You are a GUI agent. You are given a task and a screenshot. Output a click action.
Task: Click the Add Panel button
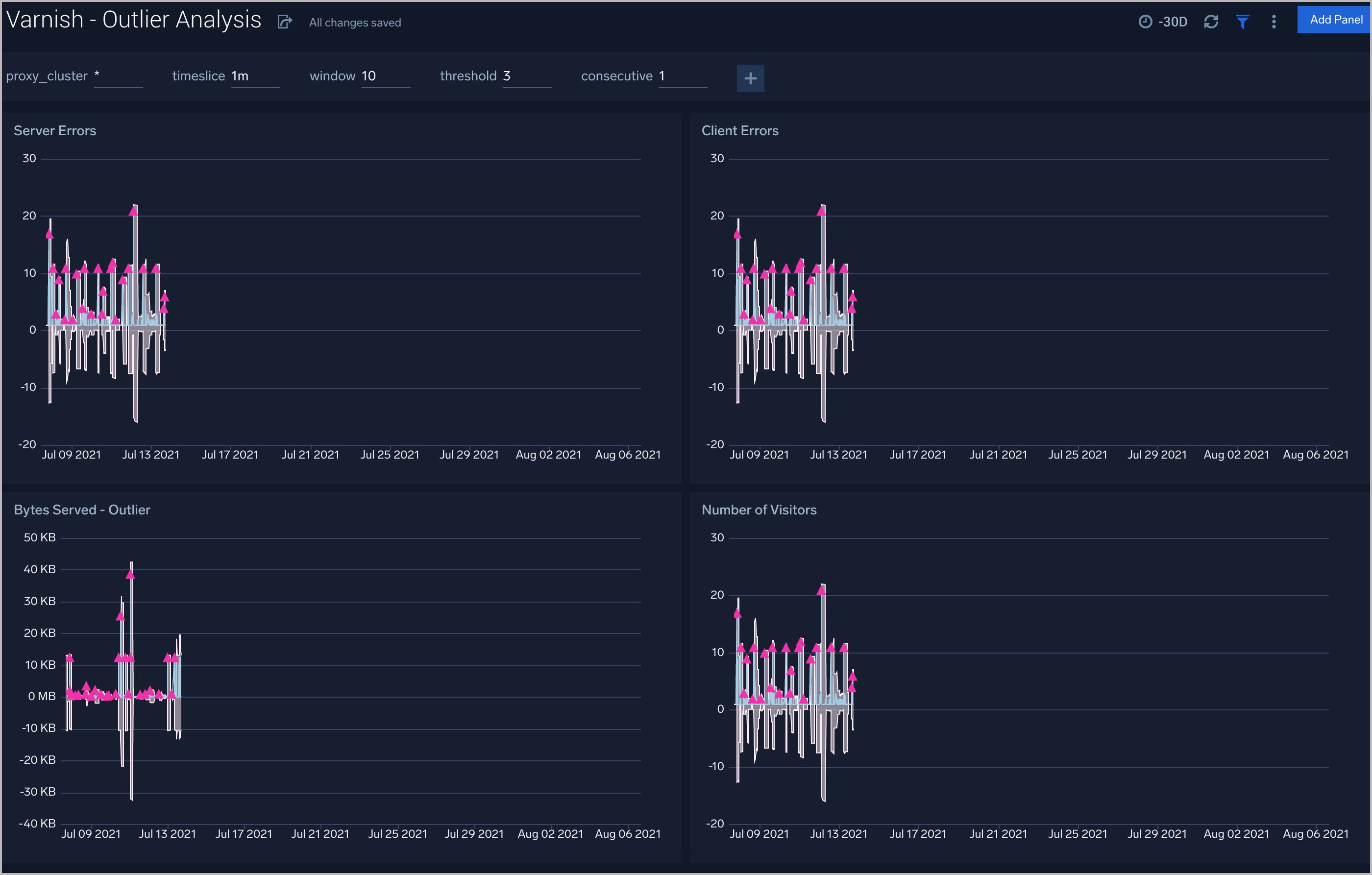(1335, 20)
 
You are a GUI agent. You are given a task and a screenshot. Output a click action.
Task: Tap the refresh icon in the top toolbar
(1211, 22)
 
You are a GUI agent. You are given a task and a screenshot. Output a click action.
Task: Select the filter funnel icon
(1242, 22)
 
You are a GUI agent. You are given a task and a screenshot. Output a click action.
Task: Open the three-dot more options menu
(1274, 22)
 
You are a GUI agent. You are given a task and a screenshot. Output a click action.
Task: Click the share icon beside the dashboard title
(284, 22)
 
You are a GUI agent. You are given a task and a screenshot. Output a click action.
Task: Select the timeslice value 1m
(240, 76)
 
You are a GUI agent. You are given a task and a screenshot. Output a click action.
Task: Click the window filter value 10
(368, 76)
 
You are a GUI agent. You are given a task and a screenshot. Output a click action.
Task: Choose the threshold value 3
(507, 76)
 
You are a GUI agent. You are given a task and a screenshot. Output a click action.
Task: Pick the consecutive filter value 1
(662, 76)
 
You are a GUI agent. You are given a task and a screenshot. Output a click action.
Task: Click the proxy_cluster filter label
(47, 76)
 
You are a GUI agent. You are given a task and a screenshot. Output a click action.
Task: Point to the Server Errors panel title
(55, 130)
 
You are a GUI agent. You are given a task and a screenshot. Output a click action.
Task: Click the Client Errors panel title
(739, 130)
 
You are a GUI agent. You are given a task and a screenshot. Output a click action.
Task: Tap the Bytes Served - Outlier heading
(82, 510)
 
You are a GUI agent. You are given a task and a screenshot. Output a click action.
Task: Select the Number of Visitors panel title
(759, 510)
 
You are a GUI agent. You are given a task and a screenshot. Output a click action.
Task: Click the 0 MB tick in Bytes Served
(42, 696)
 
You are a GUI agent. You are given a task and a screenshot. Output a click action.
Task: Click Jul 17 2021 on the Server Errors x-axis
(230, 455)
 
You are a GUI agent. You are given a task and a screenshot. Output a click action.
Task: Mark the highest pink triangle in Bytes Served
(130, 574)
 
